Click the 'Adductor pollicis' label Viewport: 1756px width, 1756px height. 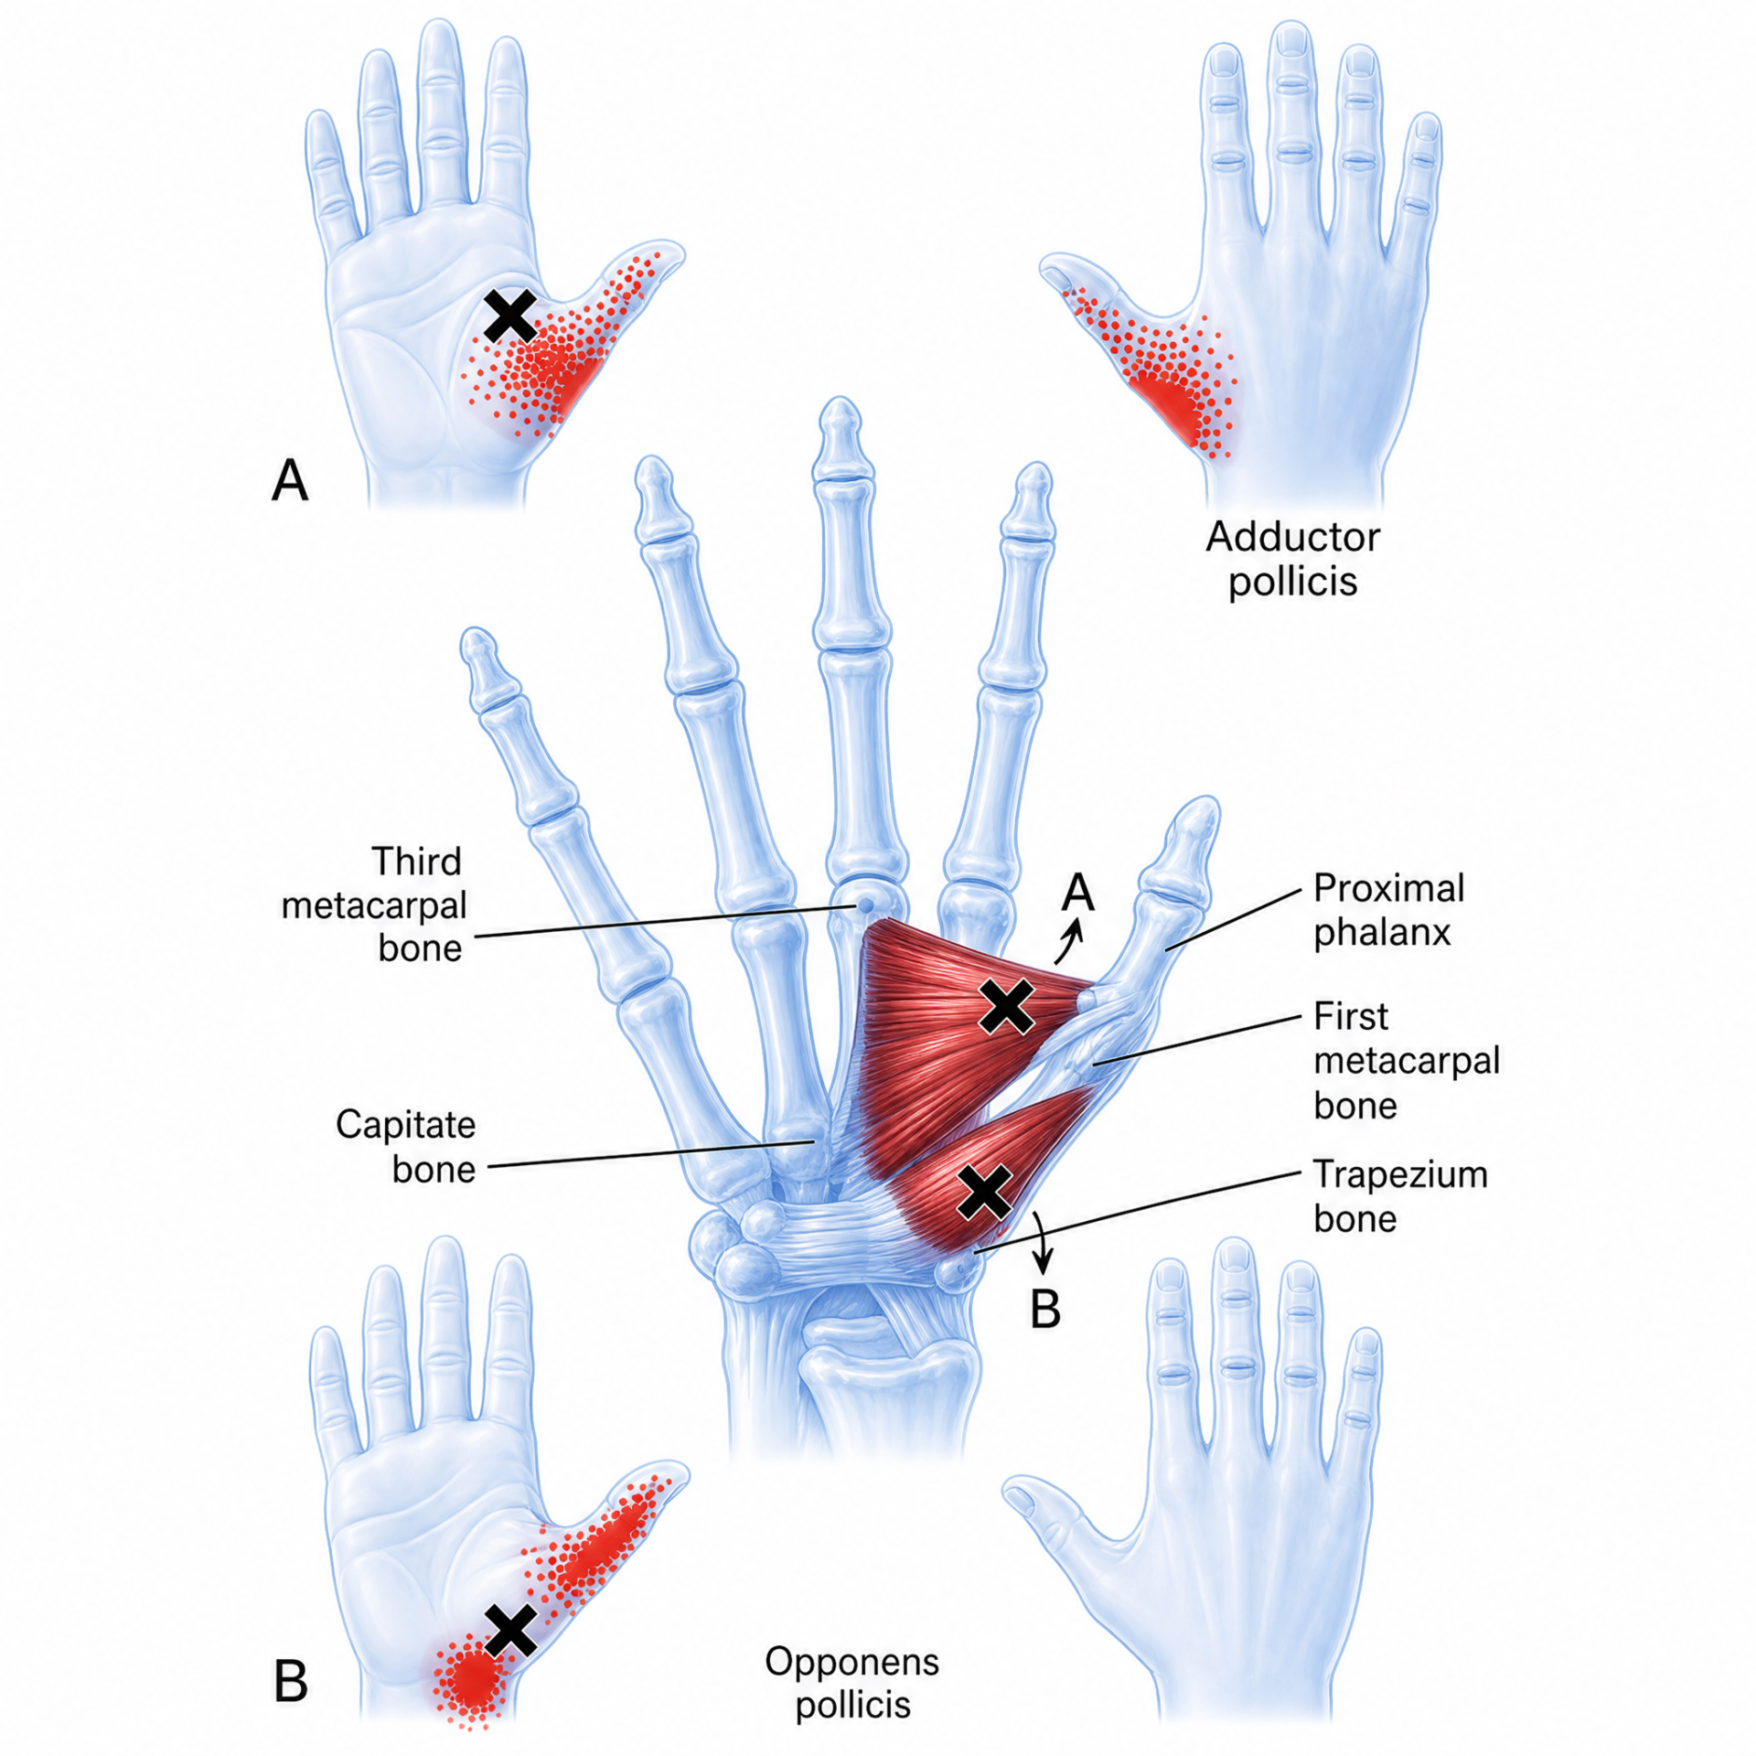tap(1292, 559)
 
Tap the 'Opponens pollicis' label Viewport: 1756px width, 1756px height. tap(852, 1684)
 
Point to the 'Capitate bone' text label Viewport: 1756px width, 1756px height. tap(405, 1146)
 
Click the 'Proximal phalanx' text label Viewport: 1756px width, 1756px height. tap(1388, 910)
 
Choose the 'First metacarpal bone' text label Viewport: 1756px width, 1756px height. tap(1407, 1060)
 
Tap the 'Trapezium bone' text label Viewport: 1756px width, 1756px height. tap(1400, 1196)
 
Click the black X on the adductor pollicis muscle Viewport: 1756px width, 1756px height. tap(1006, 1005)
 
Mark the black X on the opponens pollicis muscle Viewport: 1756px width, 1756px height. tap(984, 1192)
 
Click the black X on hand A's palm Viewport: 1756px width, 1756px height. tap(510, 316)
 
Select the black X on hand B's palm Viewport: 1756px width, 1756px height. tap(510, 1630)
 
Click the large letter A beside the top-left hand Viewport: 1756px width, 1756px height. tap(290, 479)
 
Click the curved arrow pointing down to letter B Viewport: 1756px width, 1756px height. tap(1041, 1244)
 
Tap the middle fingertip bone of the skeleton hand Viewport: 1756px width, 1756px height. tap(841, 430)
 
